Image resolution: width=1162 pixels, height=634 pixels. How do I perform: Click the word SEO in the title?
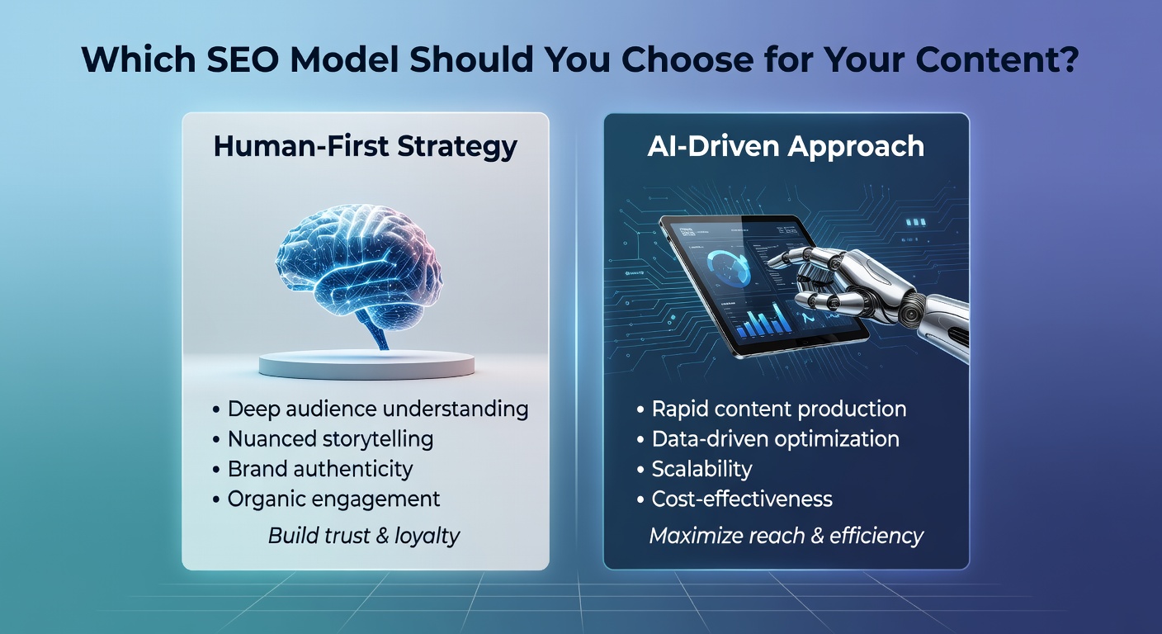pos(243,59)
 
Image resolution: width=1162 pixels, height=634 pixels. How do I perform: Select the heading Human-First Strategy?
pos(366,146)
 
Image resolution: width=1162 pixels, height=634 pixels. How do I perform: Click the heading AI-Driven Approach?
pos(786,146)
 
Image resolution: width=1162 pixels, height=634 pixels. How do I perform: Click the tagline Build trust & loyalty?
pos(364,536)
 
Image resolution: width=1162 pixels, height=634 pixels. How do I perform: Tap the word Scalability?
pos(701,470)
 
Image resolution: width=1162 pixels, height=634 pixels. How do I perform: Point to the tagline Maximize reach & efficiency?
pos(786,536)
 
